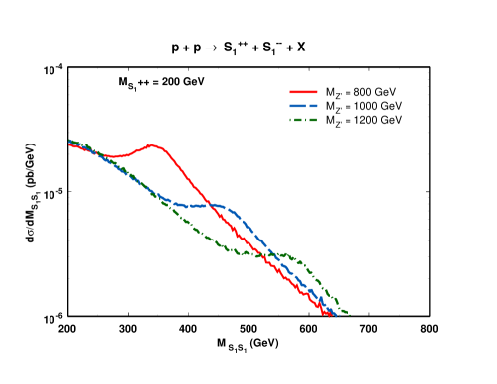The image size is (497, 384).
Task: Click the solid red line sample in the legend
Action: [x=303, y=92]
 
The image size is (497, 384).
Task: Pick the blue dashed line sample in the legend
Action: [x=303, y=106]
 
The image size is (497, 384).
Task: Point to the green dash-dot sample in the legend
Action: [x=303, y=120]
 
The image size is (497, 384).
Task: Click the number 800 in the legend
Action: [x=362, y=92]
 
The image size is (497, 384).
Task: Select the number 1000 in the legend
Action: [x=363, y=106]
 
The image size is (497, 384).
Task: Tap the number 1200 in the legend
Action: [x=363, y=120]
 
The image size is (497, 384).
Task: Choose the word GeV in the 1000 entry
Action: [x=390, y=106]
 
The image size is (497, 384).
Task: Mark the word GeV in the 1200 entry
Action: [x=390, y=120]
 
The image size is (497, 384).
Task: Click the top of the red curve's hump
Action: [x=153, y=145]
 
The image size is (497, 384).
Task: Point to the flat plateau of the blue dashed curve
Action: [x=203, y=205]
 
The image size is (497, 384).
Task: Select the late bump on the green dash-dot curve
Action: [x=288, y=254]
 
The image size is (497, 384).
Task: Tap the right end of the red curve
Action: [x=331, y=316]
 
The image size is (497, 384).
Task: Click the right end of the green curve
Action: [x=349, y=315]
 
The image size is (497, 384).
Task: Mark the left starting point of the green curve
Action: [x=69, y=140]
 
